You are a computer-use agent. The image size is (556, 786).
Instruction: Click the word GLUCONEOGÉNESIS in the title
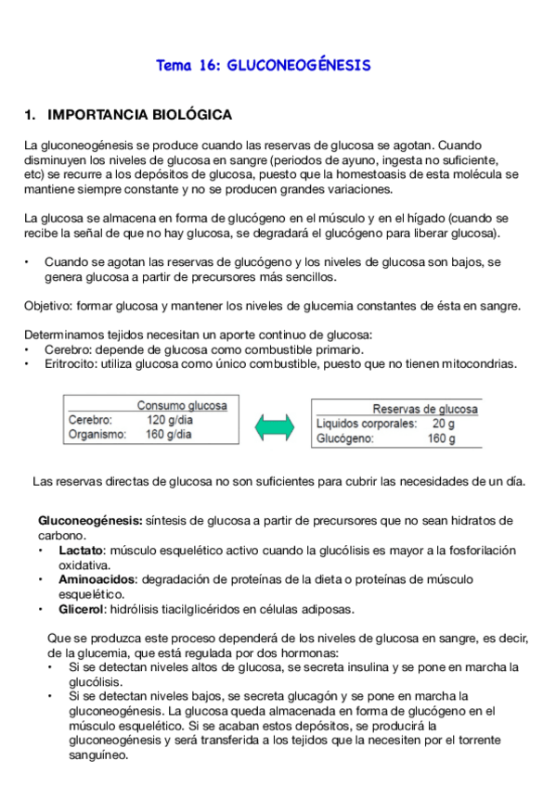(x=299, y=66)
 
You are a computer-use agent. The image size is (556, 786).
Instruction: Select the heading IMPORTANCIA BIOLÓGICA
(x=138, y=116)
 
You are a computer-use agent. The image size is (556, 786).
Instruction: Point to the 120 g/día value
(x=169, y=419)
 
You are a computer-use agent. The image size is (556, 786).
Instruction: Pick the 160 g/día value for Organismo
(x=169, y=433)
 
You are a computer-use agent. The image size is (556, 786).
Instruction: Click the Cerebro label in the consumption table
(x=89, y=419)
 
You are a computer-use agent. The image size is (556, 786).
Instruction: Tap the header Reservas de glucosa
(x=425, y=409)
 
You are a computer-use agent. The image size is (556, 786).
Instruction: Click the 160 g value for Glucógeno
(x=441, y=438)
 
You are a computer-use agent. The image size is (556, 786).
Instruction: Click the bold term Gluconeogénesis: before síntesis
(x=90, y=521)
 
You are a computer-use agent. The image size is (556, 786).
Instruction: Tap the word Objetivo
(x=47, y=306)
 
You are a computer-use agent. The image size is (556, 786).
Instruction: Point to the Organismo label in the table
(x=97, y=433)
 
